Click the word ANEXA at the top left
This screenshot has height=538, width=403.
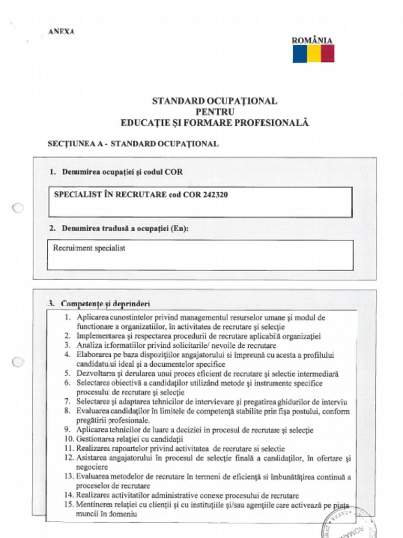pyautogui.click(x=61, y=32)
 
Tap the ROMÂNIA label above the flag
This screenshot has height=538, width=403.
pyautogui.click(x=312, y=40)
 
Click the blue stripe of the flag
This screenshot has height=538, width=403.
pyautogui.click(x=300, y=54)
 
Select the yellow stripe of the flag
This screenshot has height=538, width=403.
pyautogui.click(x=314, y=54)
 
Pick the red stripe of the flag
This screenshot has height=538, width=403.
pyautogui.click(x=327, y=54)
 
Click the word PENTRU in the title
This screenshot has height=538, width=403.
pyautogui.click(x=215, y=111)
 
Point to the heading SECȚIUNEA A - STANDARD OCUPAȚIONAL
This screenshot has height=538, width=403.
pyautogui.click(x=133, y=143)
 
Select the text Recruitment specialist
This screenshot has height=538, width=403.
pyautogui.click(x=89, y=248)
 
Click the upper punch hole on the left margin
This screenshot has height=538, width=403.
pyautogui.click(x=18, y=208)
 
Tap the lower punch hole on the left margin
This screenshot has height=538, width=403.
pyautogui.click(x=18, y=361)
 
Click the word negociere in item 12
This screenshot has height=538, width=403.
pyautogui.click(x=92, y=467)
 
